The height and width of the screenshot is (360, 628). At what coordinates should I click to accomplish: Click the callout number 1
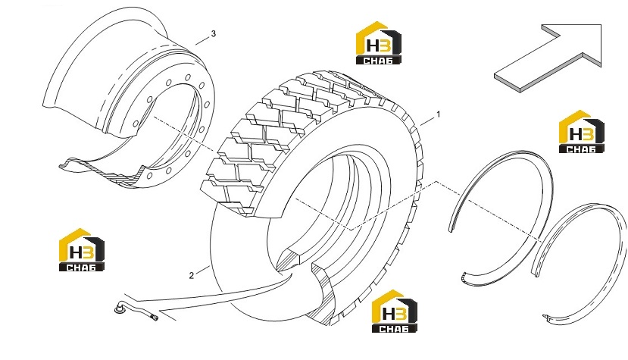point(438,114)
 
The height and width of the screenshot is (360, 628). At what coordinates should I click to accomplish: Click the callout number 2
point(192,275)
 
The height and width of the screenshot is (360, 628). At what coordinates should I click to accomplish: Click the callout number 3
point(213,33)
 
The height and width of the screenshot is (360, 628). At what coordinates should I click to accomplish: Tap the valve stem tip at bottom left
point(154,318)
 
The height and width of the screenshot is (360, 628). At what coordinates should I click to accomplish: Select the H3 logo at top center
point(379,43)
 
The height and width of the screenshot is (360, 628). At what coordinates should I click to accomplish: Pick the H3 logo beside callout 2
point(82,250)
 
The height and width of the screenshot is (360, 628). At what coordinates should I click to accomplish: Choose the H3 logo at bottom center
point(395,311)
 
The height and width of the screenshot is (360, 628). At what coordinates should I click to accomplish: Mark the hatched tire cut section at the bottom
point(323,293)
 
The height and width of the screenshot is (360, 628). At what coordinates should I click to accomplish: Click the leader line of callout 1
point(428,121)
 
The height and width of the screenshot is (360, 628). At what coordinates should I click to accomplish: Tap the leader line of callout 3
point(202,40)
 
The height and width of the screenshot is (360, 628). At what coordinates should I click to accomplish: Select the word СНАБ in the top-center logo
point(379,61)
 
